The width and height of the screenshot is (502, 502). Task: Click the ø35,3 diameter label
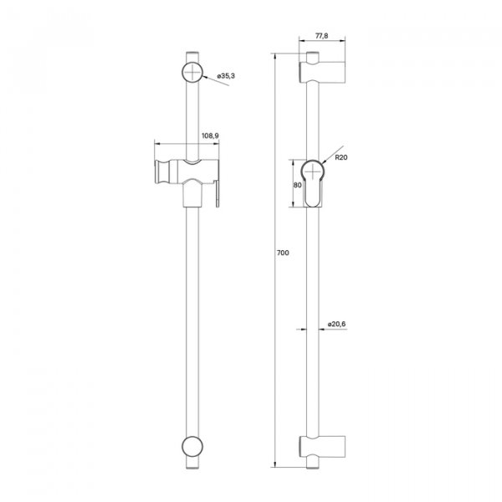pyautogui.click(x=226, y=76)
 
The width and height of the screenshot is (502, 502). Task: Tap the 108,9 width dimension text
pyautogui.click(x=210, y=136)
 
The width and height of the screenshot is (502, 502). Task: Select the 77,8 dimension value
pyautogui.click(x=322, y=35)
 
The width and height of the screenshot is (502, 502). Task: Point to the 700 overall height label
pyautogui.click(x=283, y=253)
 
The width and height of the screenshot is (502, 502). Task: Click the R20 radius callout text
pyautogui.click(x=341, y=157)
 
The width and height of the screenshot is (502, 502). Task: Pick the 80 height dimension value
pyautogui.click(x=297, y=185)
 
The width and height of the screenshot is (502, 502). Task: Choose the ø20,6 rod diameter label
pyautogui.click(x=336, y=324)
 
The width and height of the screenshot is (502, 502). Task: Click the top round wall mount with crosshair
pyautogui.click(x=192, y=72)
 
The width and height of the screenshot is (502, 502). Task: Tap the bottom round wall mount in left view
pyautogui.click(x=192, y=446)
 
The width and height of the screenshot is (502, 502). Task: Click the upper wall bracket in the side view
pyautogui.click(x=322, y=72)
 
